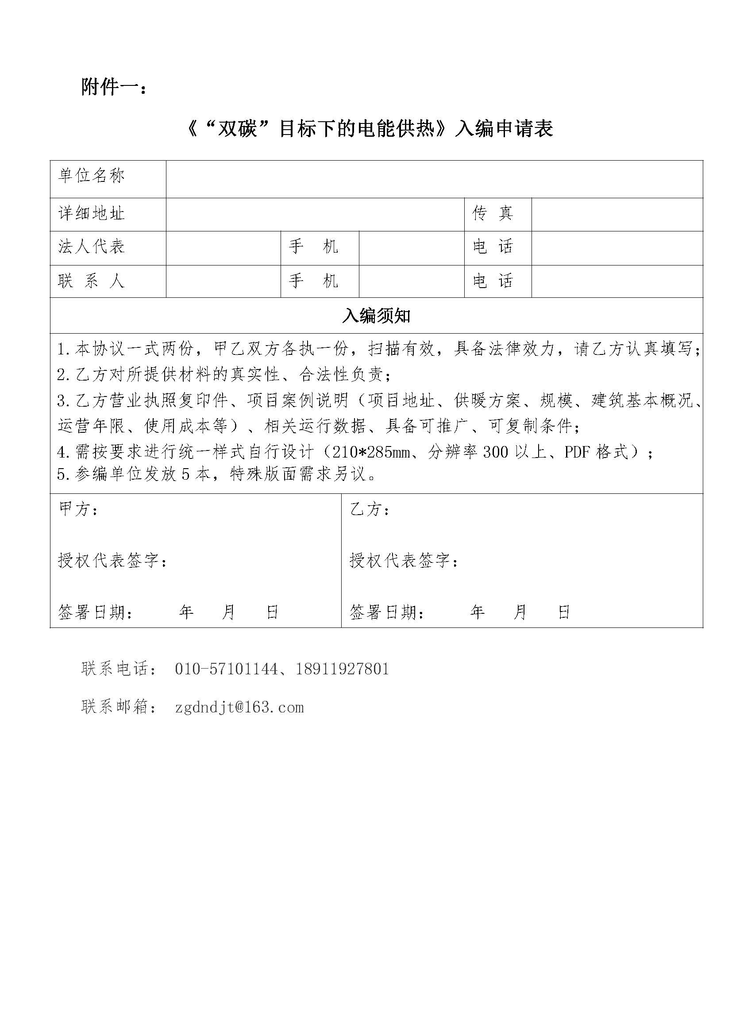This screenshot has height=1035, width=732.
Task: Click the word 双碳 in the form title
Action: (x=237, y=130)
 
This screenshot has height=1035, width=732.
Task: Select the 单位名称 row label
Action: (x=92, y=175)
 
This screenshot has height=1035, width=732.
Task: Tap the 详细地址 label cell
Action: (x=92, y=213)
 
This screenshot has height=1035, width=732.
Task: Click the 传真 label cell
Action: (x=493, y=213)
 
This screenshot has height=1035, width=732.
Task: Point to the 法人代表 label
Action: (x=92, y=246)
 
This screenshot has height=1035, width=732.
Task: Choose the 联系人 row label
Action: (x=92, y=281)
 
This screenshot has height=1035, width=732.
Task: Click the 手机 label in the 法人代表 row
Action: (x=314, y=246)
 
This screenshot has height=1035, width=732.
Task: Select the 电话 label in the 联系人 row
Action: (x=493, y=281)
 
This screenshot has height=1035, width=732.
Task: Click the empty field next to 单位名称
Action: (x=434, y=178)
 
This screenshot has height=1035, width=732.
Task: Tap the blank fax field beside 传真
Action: (x=616, y=214)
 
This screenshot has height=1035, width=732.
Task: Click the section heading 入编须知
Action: (x=376, y=316)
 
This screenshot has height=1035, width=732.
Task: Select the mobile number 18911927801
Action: (x=342, y=669)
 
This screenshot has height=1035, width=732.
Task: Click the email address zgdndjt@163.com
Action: (x=239, y=707)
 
